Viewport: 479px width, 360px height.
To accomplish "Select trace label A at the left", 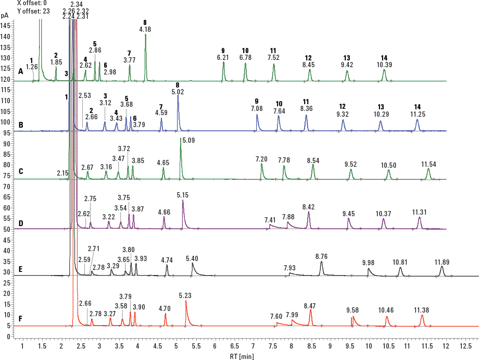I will [21, 71].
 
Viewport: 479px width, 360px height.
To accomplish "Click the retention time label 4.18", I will [145, 30].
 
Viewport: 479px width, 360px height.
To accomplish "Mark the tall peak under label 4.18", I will [145, 52].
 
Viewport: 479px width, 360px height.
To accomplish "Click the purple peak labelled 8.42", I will [308, 219].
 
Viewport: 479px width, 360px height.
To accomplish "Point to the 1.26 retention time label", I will [32, 67].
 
